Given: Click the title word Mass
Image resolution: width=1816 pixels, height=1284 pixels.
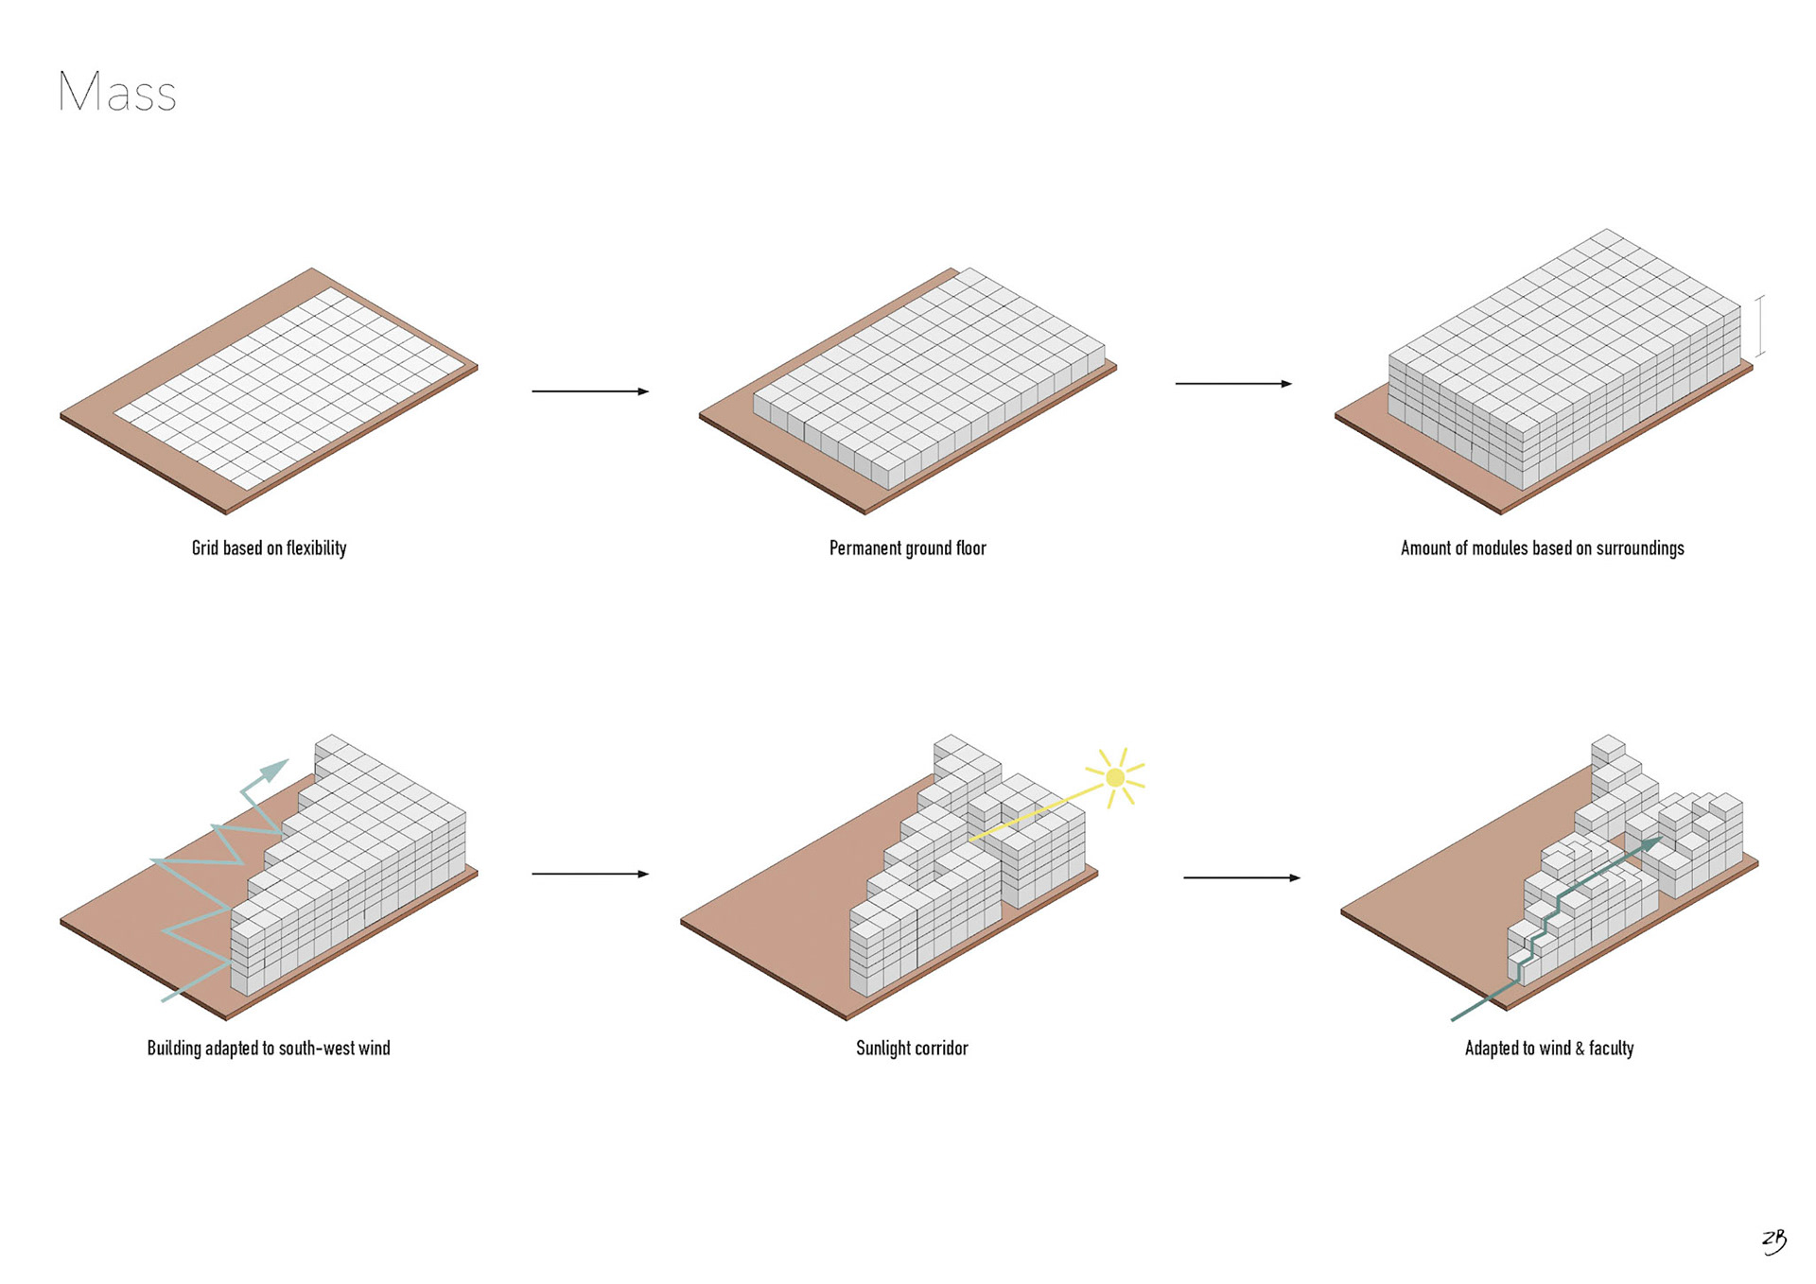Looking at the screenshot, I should (117, 93).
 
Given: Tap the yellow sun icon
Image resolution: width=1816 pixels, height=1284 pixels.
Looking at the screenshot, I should (1115, 777).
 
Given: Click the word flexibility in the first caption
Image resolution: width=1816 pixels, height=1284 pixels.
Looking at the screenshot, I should (316, 548).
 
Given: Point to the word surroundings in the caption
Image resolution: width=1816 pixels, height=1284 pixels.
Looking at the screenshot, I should (1640, 548).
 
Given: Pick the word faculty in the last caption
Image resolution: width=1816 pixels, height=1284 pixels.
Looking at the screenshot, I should (1612, 1049).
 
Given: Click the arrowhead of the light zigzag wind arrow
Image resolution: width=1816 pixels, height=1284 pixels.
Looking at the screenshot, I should (275, 769).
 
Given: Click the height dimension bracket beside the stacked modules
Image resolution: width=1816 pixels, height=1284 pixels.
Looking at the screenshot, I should (1760, 326).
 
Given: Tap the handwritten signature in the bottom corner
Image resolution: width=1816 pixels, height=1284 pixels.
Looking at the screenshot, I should (1774, 1241).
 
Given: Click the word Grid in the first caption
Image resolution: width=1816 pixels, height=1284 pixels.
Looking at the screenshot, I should (204, 548).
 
